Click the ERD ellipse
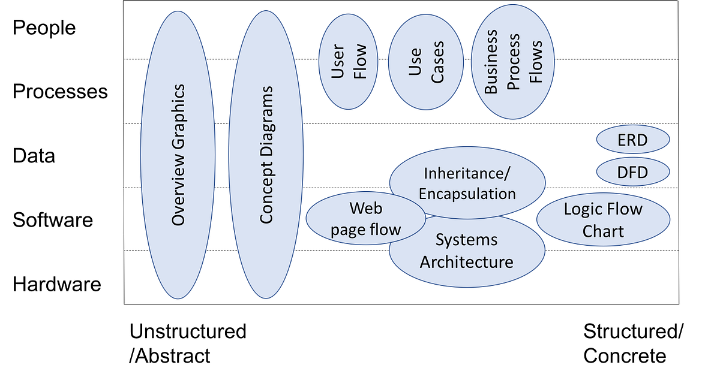(632, 141)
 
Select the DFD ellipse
(632, 173)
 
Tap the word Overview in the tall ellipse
(178, 190)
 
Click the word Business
(491, 62)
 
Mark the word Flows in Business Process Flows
(535, 62)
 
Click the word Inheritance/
(467, 173)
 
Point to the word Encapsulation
(467, 194)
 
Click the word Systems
(466, 240)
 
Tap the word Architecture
(466, 262)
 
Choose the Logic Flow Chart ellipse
(603, 219)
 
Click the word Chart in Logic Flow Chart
(603, 231)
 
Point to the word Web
(365, 209)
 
